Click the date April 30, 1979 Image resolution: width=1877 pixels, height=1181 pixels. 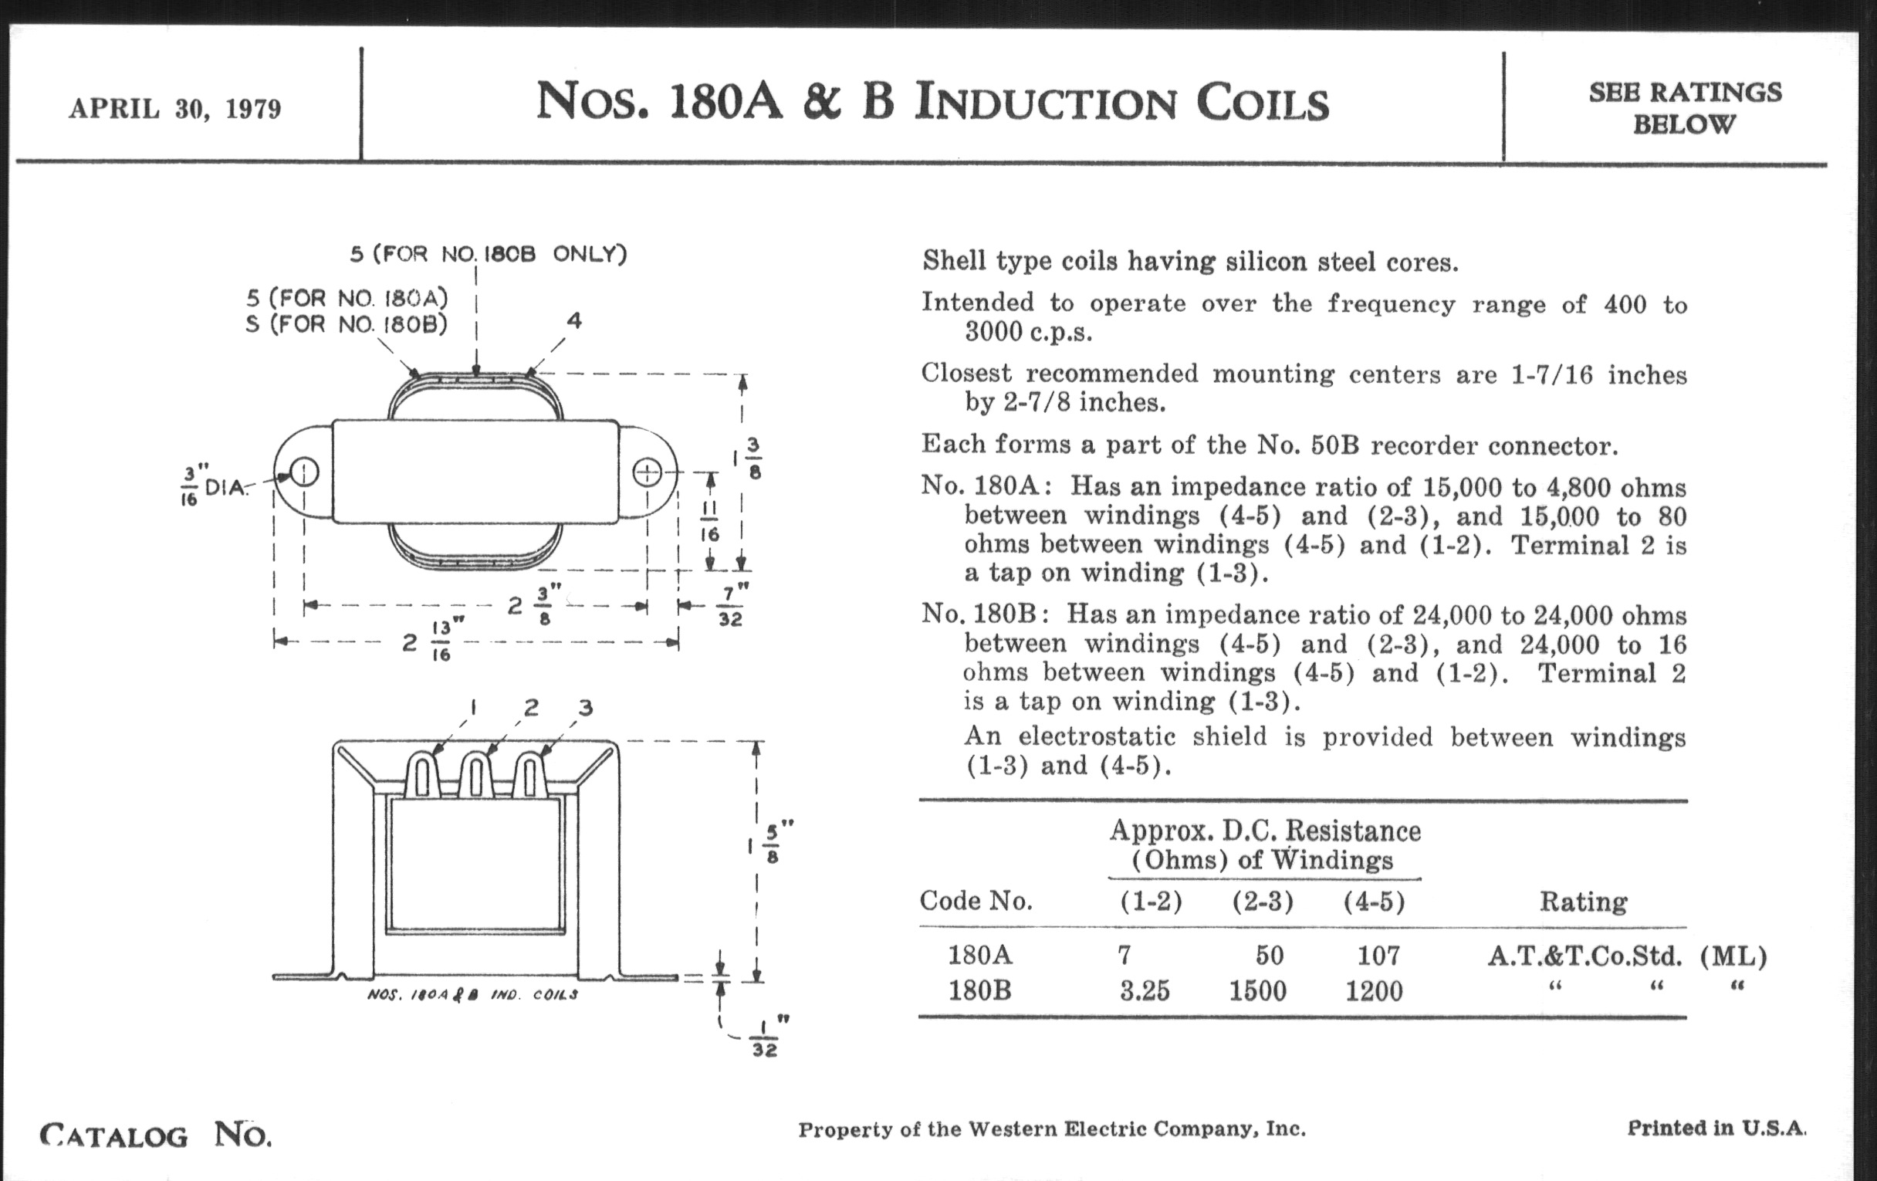point(174,108)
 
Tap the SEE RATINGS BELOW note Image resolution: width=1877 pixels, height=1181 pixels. point(1685,107)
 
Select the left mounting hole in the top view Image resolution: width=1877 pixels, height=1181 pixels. point(304,472)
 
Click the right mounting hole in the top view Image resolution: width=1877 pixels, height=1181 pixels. point(647,472)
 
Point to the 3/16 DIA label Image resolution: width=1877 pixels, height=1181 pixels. point(214,486)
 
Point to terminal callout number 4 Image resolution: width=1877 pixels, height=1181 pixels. point(574,320)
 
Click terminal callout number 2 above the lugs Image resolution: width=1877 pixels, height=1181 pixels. point(532,707)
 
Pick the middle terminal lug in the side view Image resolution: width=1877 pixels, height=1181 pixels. point(476,774)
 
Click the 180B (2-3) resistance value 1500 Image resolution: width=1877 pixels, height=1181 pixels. point(1257,991)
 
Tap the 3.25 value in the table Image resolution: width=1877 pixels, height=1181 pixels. point(1145,991)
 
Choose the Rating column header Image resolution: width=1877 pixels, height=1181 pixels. point(1583,902)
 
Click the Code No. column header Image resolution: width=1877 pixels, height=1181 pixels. point(976,901)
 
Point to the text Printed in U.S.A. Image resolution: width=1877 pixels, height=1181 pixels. point(1717,1128)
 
